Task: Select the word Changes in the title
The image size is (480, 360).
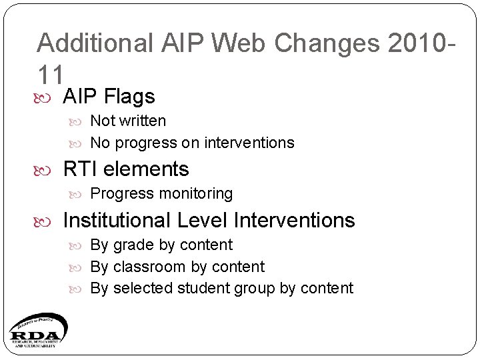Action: pyautogui.click(x=325, y=43)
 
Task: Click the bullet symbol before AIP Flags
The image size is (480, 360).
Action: pyautogui.click(x=46, y=97)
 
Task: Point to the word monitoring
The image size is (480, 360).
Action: pyautogui.click(x=193, y=194)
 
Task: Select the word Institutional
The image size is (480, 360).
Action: pyautogui.click(x=117, y=220)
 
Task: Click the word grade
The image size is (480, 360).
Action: pyautogui.click(x=133, y=245)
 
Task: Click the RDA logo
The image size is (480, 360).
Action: pyautogui.click(x=37, y=330)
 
